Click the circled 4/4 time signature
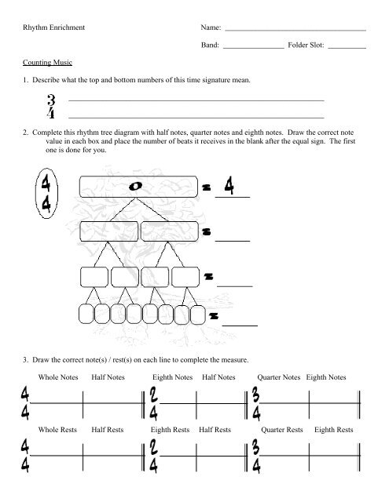click(46, 192)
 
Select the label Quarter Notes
click(279, 378)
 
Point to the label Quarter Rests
click(281, 431)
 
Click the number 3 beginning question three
click(27, 359)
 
